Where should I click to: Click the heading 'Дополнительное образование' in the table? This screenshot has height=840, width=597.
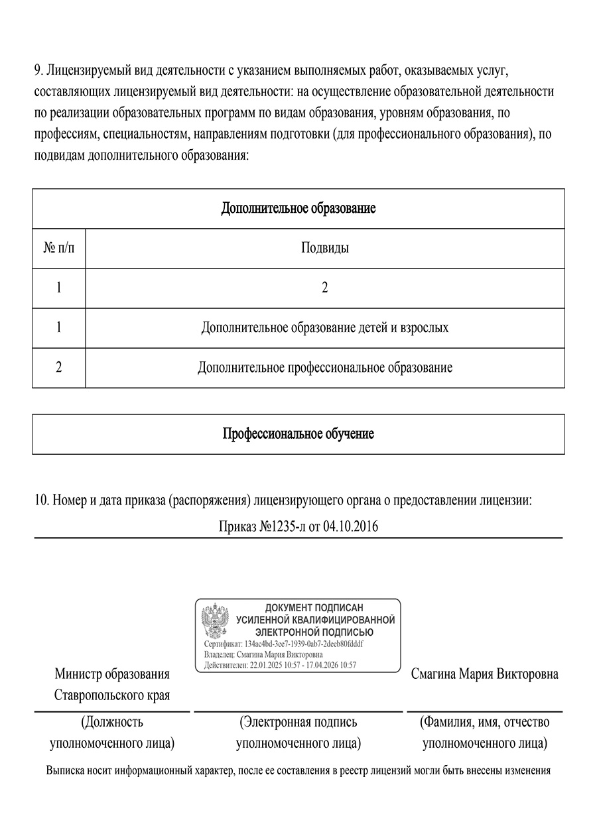click(298, 209)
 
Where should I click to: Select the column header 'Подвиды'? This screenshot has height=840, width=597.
click(325, 249)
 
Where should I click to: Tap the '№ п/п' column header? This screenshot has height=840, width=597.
click(58, 249)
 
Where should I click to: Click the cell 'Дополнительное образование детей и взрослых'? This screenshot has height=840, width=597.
click(325, 328)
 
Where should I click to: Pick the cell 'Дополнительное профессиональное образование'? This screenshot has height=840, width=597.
click(325, 368)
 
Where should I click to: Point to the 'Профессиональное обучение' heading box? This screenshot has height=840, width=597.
click(298, 434)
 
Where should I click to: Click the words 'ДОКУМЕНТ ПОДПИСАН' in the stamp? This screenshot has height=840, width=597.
click(314, 607)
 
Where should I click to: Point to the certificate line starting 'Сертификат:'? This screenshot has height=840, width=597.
click(284, 644)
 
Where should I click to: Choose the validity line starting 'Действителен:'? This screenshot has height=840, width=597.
click(281, 665)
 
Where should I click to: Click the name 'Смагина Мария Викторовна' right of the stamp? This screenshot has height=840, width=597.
click(484, 674)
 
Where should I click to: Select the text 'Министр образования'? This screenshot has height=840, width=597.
click(112, 674)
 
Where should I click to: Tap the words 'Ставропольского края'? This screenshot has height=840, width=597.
click(112, 695)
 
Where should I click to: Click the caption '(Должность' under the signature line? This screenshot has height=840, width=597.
click(112, 722)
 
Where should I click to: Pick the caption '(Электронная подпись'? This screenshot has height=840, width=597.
click(298, 722)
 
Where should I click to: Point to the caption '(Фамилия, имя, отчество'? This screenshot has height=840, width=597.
click(484, 722)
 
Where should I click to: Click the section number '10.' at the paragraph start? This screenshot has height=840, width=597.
click(41, 501)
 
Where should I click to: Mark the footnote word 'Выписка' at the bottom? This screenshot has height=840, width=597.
click(64, 771)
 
